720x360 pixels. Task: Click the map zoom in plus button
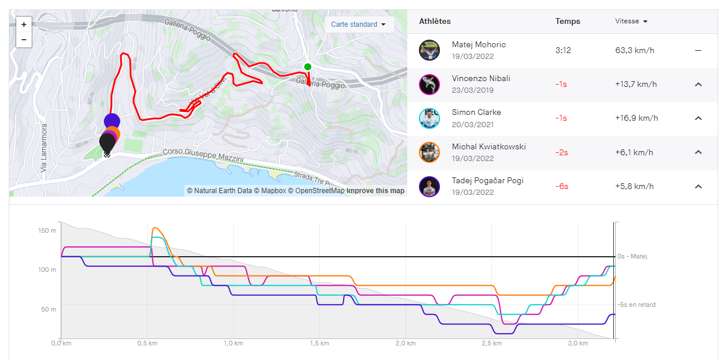point(24,25)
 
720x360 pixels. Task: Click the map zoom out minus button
point(24,40)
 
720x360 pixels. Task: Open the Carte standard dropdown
point(358,25)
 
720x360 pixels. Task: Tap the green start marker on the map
point(307,67)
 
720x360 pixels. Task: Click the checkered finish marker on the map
point(107,155)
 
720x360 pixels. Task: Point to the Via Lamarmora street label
point(43,151)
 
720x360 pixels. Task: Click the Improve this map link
point(375,191)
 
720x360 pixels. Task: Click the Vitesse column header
point(631,22)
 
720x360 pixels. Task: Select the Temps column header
point(567,22)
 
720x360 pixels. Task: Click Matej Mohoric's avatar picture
point(429,50)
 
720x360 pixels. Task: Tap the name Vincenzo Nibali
point(481,78)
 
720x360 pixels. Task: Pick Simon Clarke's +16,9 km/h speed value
point(636,118)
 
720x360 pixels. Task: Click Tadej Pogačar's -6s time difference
point(561,187)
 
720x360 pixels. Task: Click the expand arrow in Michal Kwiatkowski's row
point(698,152)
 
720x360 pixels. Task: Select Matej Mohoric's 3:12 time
point(563,51)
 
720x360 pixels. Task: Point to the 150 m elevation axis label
point(47,230)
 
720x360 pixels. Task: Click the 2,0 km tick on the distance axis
point(405,343)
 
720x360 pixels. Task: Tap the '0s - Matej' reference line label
point(632,256)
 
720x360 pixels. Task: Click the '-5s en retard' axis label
point(637,305)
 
